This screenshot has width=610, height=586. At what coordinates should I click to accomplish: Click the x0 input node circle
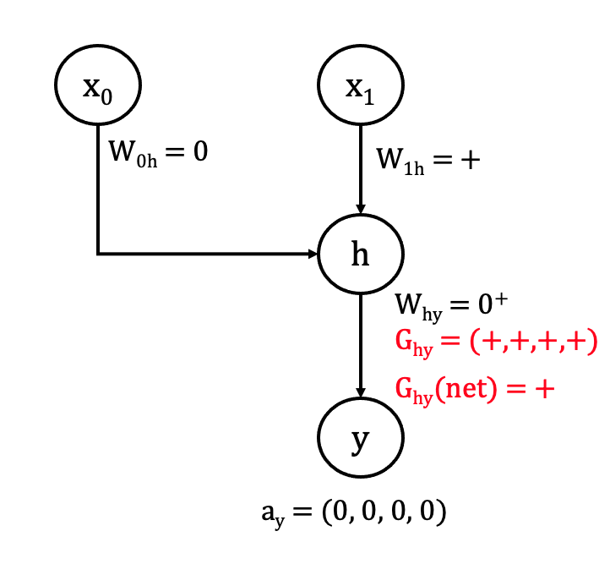pyautogui.click(x=98, y=85)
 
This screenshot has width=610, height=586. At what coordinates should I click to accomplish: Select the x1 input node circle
pyautogui.click(x=361, y=85)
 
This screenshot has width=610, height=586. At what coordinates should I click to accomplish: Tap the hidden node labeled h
pyautogui.click(x=361, y=253)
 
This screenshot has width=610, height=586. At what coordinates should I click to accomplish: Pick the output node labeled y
pyautogui.click(x=361, y=440)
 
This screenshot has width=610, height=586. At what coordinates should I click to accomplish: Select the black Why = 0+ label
pyautogui.click(x=450, y=304)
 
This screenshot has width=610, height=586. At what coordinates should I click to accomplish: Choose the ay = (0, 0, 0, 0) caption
pyautogui.click(x=353, y=513)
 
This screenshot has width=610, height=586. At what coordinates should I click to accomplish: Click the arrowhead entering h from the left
pyautogui.click(x=312, y=253)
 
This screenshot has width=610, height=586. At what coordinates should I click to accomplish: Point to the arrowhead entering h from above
pyautogui.click(x=361, y=207)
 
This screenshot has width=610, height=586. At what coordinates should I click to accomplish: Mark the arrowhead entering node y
pyautogui.click(x=361, y=392)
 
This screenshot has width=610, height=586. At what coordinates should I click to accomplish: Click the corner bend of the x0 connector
pyautogui.click(x=98, y=253)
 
